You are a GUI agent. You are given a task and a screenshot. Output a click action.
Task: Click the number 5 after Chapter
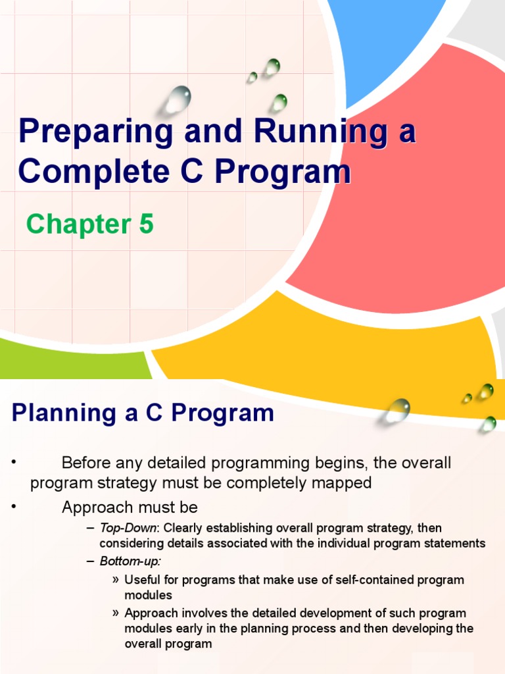(x=145, y=224)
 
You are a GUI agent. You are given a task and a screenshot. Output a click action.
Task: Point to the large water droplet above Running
(x=178, y=99)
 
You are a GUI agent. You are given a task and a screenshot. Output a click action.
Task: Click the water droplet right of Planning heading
(x=397, y=411)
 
